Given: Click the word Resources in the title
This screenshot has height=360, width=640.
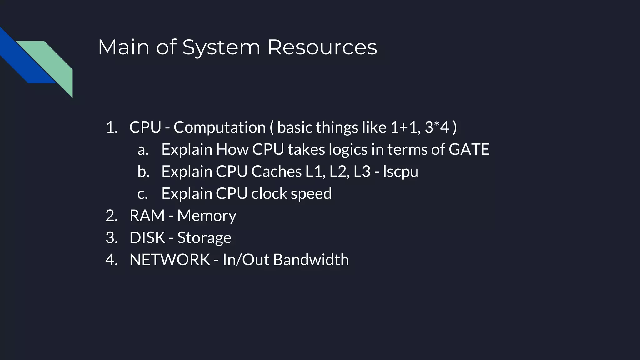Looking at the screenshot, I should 322,47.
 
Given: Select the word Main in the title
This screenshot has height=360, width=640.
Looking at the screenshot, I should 124,47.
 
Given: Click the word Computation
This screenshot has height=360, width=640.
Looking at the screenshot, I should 219,127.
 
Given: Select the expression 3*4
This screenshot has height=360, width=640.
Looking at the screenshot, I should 437,127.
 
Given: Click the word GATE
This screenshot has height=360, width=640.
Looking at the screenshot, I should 469,149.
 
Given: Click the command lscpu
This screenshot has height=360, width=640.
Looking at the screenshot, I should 401,172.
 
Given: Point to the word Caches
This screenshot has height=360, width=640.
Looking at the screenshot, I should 277,172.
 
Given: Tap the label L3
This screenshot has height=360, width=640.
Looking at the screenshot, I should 362,172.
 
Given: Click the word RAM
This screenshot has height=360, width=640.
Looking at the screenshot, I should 147,216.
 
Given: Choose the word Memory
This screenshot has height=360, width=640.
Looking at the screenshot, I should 207,216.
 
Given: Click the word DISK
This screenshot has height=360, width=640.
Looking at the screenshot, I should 147,238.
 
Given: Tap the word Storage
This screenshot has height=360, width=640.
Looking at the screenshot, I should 204,238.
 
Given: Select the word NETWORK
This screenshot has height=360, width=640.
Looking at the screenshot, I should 170,260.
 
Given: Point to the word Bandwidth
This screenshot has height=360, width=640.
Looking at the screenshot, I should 311,260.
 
